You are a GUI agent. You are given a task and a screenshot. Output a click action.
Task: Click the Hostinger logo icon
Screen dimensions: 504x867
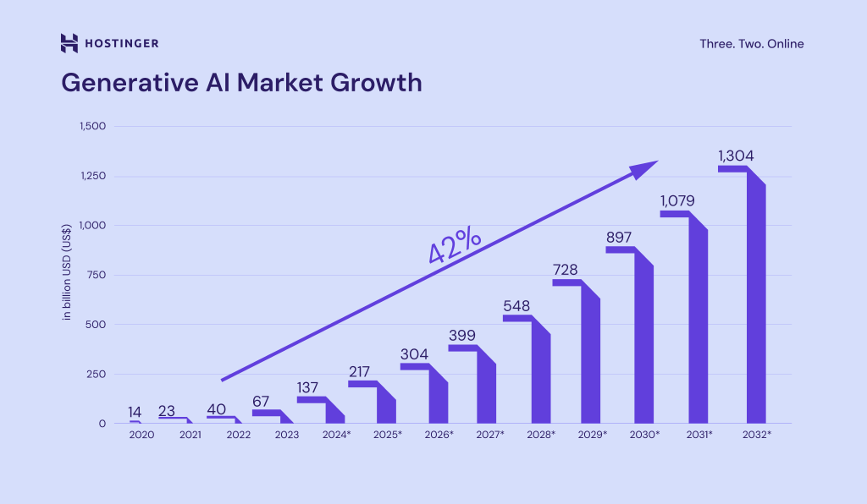coord(69,43)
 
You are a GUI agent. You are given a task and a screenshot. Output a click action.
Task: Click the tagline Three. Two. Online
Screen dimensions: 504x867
coord(751,44)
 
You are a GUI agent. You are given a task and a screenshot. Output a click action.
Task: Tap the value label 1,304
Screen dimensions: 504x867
coord(735,156)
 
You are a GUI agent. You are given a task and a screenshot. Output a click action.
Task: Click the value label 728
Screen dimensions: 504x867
coord(566,270)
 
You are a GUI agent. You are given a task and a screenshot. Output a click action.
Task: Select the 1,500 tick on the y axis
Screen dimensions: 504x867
coord(91,127)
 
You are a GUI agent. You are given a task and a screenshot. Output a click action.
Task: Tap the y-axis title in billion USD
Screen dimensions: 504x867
coord(66,275)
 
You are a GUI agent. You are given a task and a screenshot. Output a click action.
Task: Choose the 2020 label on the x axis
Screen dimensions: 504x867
coord(141,434)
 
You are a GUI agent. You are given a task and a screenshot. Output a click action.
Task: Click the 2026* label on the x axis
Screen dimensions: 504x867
coord(439,434)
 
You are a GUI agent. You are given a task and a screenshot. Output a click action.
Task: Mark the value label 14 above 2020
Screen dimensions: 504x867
coord(135,412)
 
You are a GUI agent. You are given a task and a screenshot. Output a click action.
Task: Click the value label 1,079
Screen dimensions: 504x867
coord(677,201)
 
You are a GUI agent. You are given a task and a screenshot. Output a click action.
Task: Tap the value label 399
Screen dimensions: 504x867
coord(462,336)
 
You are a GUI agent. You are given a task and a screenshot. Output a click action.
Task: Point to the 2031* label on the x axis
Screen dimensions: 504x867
coord(698,434)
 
